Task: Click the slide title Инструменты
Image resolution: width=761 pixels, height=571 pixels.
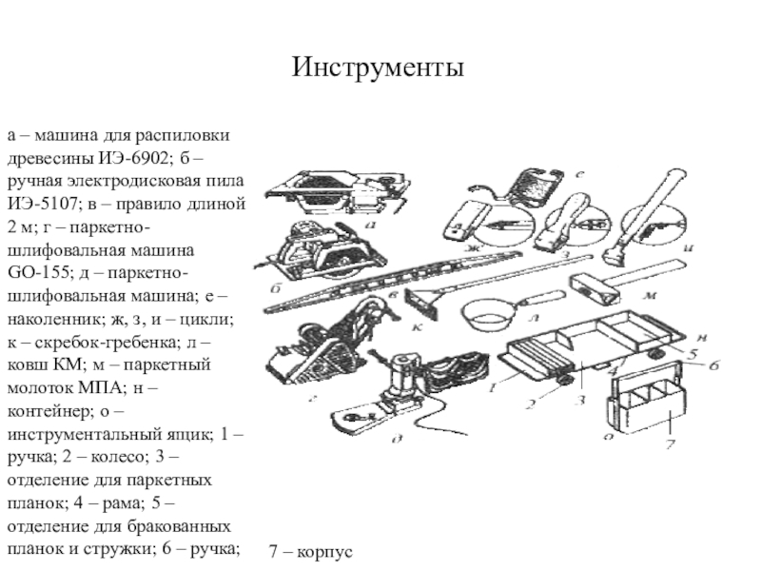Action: click(x=378, y=67)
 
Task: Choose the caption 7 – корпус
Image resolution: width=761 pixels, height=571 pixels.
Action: click(x=311, y=552)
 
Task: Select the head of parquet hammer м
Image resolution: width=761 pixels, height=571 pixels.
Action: click(x=595, y=289)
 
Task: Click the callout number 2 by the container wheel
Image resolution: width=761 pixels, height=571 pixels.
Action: click(x=531, y=403)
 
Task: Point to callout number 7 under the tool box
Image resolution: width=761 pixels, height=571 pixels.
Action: click(x=670, y=443)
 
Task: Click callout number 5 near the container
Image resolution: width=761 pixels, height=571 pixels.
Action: click(x=693, y=353)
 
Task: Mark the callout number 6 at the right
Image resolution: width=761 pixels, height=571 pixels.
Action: click(x=713, y=364)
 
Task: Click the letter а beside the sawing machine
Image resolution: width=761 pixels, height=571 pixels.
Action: click(x=370, y=225)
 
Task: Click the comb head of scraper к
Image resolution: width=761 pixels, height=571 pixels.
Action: click(x=420, y=305)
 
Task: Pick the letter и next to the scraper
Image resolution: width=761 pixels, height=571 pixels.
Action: click(x=688, y=248)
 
